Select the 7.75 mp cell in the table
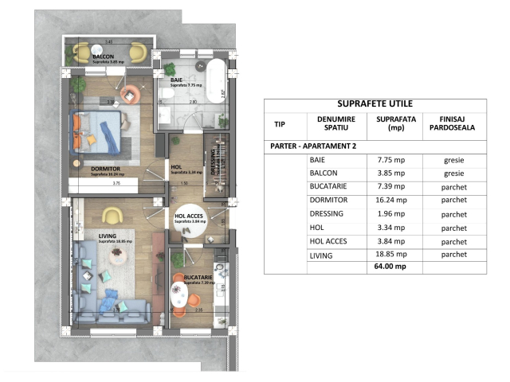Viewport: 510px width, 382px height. tap(391, 160)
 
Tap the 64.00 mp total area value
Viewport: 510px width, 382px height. tap(391, 268)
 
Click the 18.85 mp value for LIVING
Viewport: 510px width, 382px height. tap(391, 255)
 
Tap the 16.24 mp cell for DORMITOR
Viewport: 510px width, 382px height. tap(391, 201)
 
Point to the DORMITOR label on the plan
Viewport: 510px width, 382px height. tap(84, 169)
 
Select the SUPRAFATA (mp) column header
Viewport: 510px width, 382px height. tap(391, 124)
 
